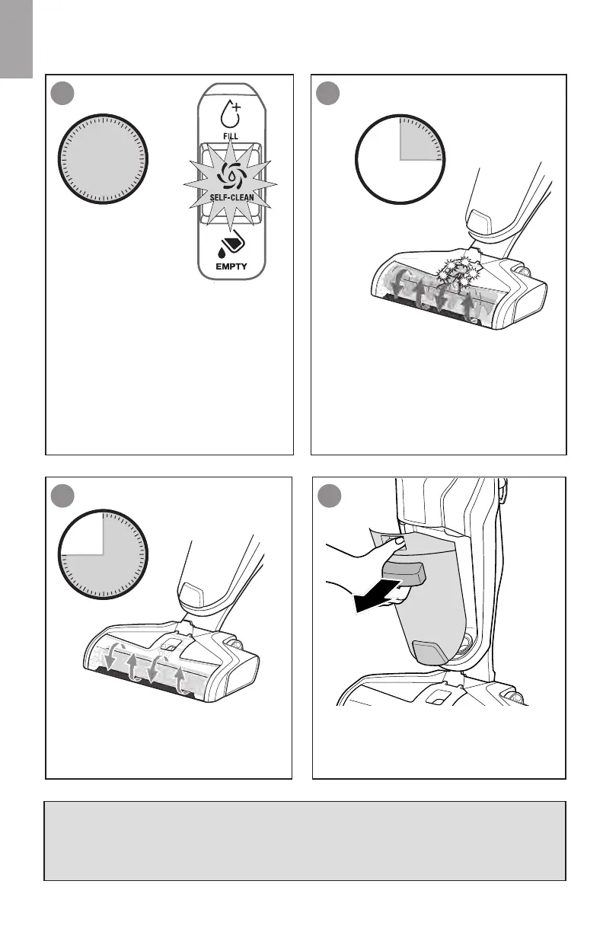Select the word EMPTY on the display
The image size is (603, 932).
point(231,267)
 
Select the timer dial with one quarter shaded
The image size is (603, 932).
point(400,159)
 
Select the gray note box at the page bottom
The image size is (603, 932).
point(305,840)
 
